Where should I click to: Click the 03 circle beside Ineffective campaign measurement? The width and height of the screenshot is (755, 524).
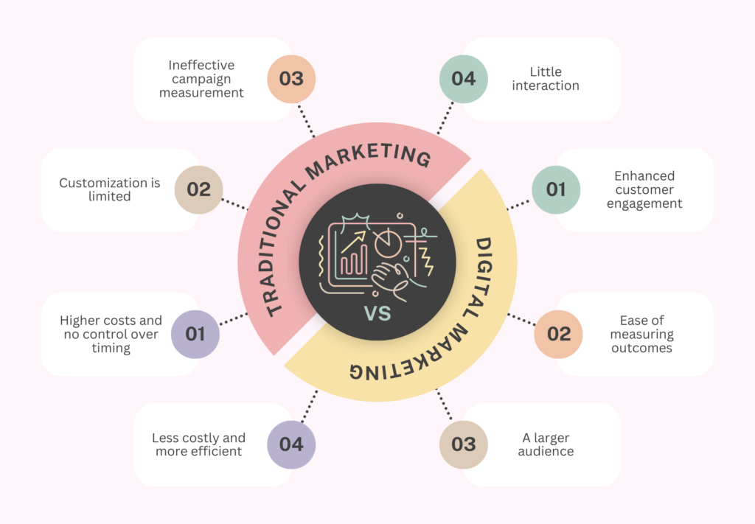click(291, 79)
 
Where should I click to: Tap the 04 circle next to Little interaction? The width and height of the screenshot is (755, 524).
click(464, 79)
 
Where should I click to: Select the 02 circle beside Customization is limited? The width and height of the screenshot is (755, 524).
click(199, 189)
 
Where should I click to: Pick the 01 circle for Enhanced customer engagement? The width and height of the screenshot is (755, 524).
click(556, 189)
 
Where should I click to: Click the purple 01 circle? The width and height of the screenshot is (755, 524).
click(195, 334)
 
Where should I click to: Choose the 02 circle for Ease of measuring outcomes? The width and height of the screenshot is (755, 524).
click(559, 334)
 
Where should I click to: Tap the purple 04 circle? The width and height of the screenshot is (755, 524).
click(291, 444)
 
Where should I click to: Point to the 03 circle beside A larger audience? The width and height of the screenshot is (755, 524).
click(464, 444)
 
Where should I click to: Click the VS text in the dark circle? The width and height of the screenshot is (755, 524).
click(377, 314)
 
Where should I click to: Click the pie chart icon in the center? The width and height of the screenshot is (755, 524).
click(388, 243)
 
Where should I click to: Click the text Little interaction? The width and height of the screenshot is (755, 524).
click(546, 79)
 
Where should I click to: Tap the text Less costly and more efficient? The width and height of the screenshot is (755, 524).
click(198, 444)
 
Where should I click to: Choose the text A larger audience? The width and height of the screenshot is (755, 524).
click(546, 444)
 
